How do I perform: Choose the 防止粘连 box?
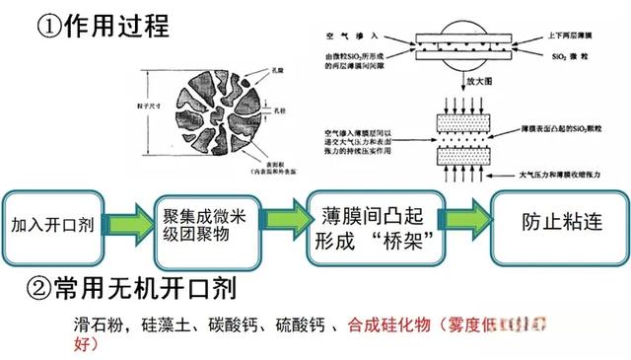point(559,223)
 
